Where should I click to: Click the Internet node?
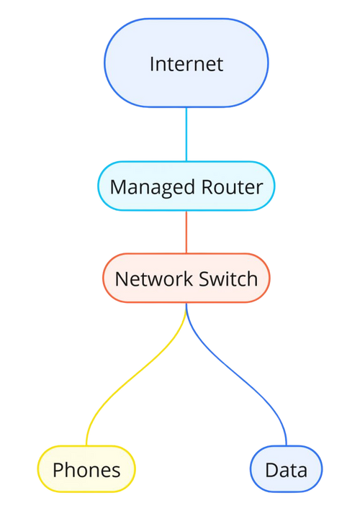186,63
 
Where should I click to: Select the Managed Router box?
186,187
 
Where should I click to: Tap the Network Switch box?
186,278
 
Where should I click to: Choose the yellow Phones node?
86,471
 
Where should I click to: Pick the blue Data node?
286,471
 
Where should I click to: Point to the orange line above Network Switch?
186,232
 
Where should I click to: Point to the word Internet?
186,63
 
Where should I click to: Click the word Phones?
86,471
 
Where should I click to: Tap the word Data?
286,471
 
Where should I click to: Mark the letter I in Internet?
152,63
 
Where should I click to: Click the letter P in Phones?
58,471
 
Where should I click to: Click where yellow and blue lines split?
186,311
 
